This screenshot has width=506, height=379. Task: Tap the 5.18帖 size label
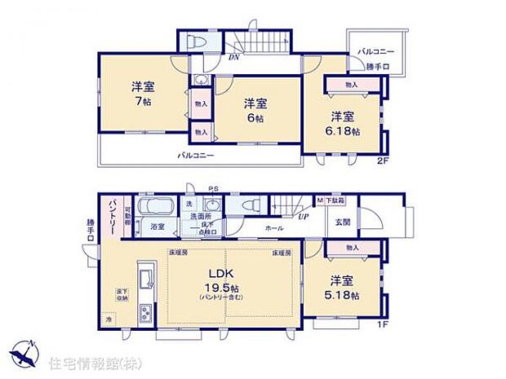tap(343, 296)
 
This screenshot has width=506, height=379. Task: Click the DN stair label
tap(233, 58)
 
